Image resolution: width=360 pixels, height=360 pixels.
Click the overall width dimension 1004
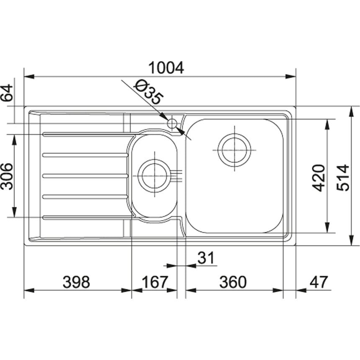(166, 68)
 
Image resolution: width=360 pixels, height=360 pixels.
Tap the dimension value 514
(343, 177)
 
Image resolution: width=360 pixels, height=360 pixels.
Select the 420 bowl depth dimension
(319, 178)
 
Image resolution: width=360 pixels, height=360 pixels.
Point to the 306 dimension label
(7, 176)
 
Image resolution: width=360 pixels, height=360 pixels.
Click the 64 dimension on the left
(7, 93)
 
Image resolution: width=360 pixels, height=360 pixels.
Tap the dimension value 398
(76, 282)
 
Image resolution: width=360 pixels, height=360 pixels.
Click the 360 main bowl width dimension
(233, 282)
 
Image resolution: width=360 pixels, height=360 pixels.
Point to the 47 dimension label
(319, 282)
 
